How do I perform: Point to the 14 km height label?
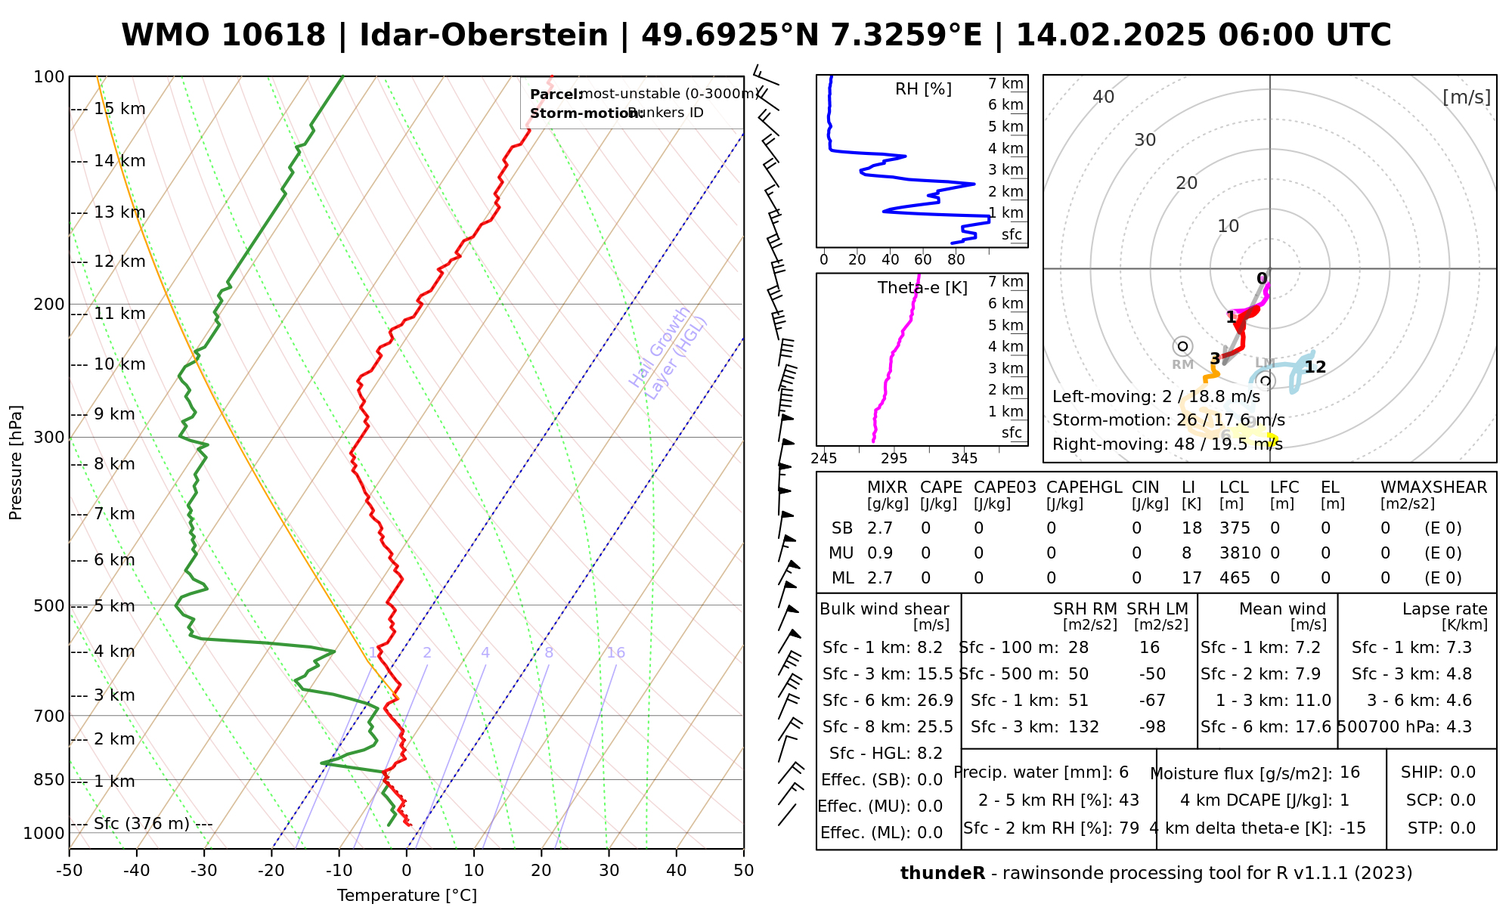tap(119, 161)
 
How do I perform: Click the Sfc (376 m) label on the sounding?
tap(141, 823)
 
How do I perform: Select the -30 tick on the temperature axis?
tap(204, 871)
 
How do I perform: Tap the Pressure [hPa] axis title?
tap(16, 463)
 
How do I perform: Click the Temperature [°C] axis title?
tap(407, 896)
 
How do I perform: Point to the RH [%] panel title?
tap(923, 89)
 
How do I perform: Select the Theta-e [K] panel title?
tap(922, 288)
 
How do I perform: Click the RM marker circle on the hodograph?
tap(1182, 346)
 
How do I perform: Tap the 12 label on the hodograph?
tap(1315, 367)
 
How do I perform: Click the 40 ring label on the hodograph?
tap(1104, 97)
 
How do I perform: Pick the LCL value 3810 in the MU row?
tap(1240, 553)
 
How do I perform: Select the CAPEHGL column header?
tap(1084, 488)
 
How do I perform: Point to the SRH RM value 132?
tap(1083, 727)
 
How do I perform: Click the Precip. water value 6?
tap(1123, 772)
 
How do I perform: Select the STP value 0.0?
tap(1462, 828)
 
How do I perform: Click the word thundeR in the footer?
tap(943, 874)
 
